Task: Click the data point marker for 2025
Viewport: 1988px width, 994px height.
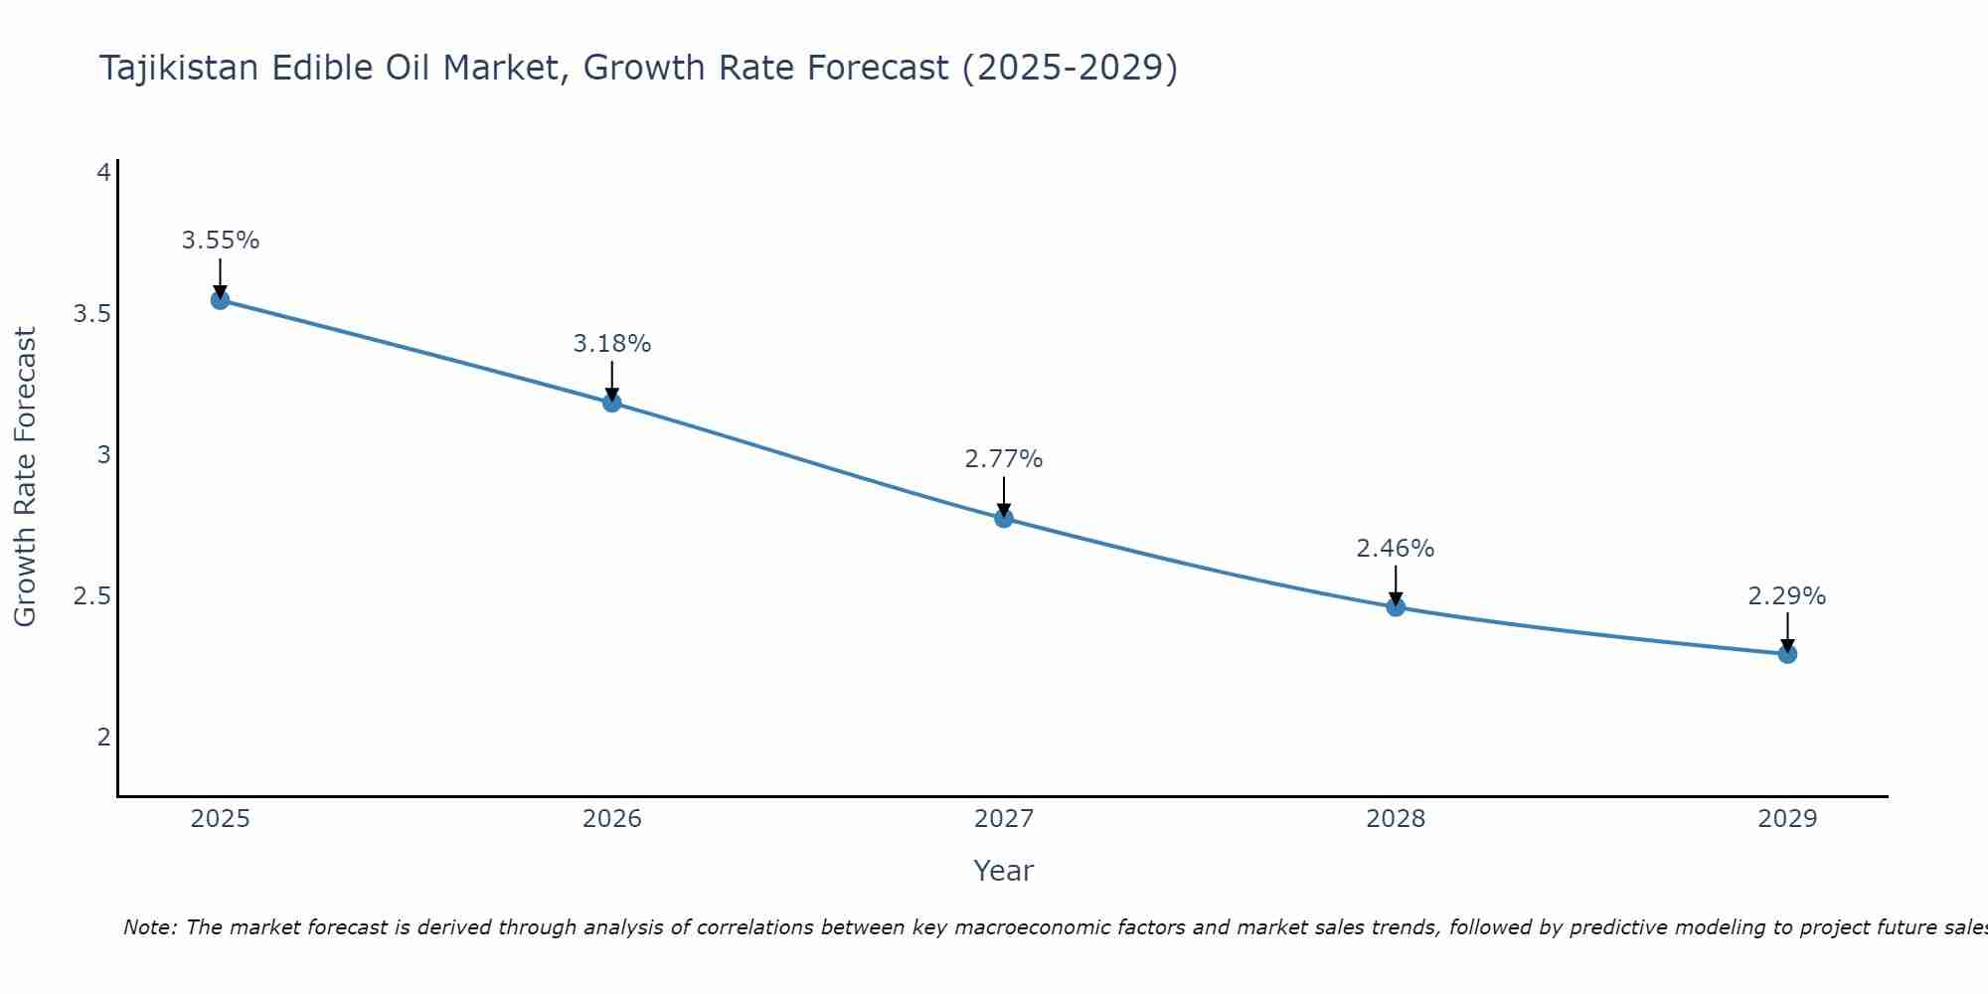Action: (220, 300)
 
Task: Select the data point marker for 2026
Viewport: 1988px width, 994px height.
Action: (611, 403)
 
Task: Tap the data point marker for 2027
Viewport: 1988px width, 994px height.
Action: (1003, 518)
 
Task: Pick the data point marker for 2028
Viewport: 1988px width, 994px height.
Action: (1396, 606)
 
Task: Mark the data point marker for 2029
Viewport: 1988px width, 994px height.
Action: (1787, 654)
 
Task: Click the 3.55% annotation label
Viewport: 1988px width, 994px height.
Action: (220, 241)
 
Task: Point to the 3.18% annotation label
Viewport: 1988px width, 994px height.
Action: (611, 344)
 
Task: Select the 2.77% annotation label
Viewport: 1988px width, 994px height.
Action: (1003, 459)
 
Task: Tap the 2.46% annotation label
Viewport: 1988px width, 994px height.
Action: (1396, 549)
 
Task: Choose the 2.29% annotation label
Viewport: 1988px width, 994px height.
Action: (1787, 596)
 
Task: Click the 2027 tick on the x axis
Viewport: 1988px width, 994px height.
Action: (1003, 819)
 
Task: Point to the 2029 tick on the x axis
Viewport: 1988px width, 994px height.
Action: (1787, 819)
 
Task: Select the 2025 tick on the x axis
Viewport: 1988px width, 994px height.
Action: (220, 819)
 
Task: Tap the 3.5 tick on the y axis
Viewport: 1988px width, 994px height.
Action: (91, 314)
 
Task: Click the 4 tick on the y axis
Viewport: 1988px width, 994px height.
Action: (103, 173)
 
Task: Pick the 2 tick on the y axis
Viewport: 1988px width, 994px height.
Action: (103, 738)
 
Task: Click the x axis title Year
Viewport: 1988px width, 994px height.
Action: (1003, 871)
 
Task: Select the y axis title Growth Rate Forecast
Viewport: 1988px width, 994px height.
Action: (25, 477)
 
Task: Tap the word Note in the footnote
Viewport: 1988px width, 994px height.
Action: (149, 927)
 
